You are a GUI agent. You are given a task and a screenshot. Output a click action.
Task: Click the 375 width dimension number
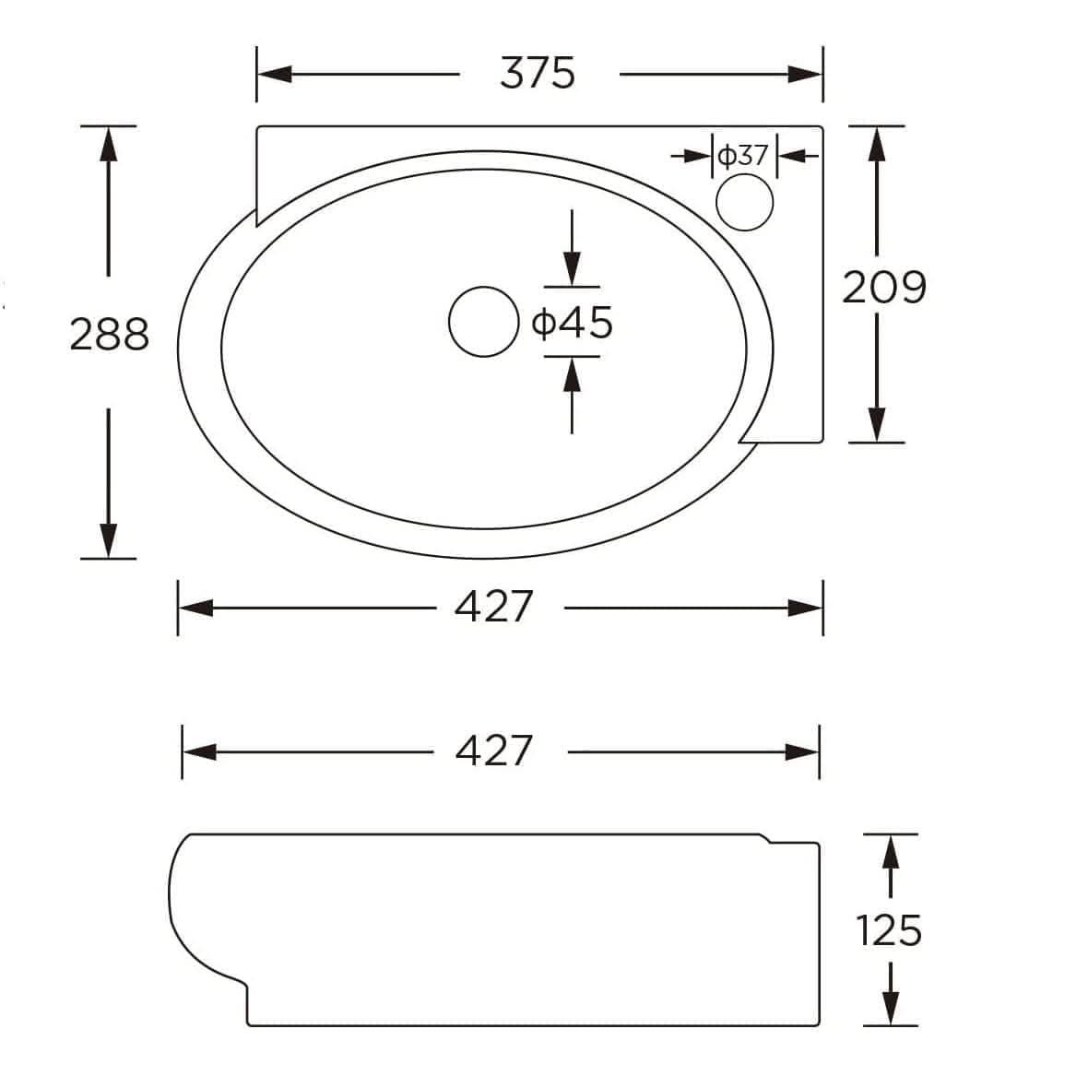pyautogui.click(x=538, y=74)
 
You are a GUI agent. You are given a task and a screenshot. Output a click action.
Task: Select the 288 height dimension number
pyautogui.click(x=109, y=335)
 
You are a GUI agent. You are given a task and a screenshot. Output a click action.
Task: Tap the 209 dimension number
pyautogui.click(x=883, y=288)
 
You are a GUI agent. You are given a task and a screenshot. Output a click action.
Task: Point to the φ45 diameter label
pyautogui.click(x=573, y=323)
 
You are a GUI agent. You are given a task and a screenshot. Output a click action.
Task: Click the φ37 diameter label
pyautogui.click(x=743, y=156)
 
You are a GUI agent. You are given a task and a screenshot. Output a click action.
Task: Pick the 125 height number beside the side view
pyautogui.click(x=889, y=930)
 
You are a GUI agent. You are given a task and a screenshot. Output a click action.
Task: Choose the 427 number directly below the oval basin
pyautogui.click(x=494, y=607)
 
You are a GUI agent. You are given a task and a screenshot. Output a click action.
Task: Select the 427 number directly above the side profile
pyautogui.click(x=494, y=751)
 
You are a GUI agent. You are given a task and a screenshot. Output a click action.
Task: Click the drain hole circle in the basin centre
pyautogui.click(x=483, y=322)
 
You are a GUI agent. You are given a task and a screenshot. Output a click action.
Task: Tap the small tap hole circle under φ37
pyautogui.click(x=745, y=202)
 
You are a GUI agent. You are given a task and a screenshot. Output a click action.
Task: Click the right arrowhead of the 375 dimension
pyautogui.click(x=804, y=74)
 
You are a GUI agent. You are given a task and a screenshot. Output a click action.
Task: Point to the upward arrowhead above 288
pyautogui.click(x=109, y=143)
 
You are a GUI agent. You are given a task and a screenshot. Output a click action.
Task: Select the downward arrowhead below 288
pyautogui.click(x=109, y=541)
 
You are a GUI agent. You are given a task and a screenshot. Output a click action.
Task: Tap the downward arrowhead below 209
pyautogui.click(x=877, y=425)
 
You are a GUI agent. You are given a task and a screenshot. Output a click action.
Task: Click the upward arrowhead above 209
pyautogui.click(x=877, y=143)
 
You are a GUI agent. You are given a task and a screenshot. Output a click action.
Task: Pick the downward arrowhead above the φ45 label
pyautogui.click(x=573, y=271)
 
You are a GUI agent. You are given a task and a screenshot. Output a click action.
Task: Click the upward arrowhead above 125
pyautogui.click(x=890, y=851)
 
